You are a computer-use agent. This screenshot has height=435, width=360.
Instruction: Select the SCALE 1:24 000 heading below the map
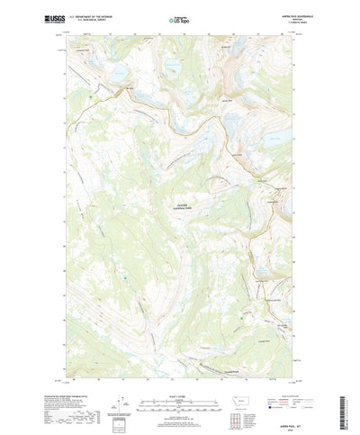(179, 368)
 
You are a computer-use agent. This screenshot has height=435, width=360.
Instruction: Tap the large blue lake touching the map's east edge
(280, 134)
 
